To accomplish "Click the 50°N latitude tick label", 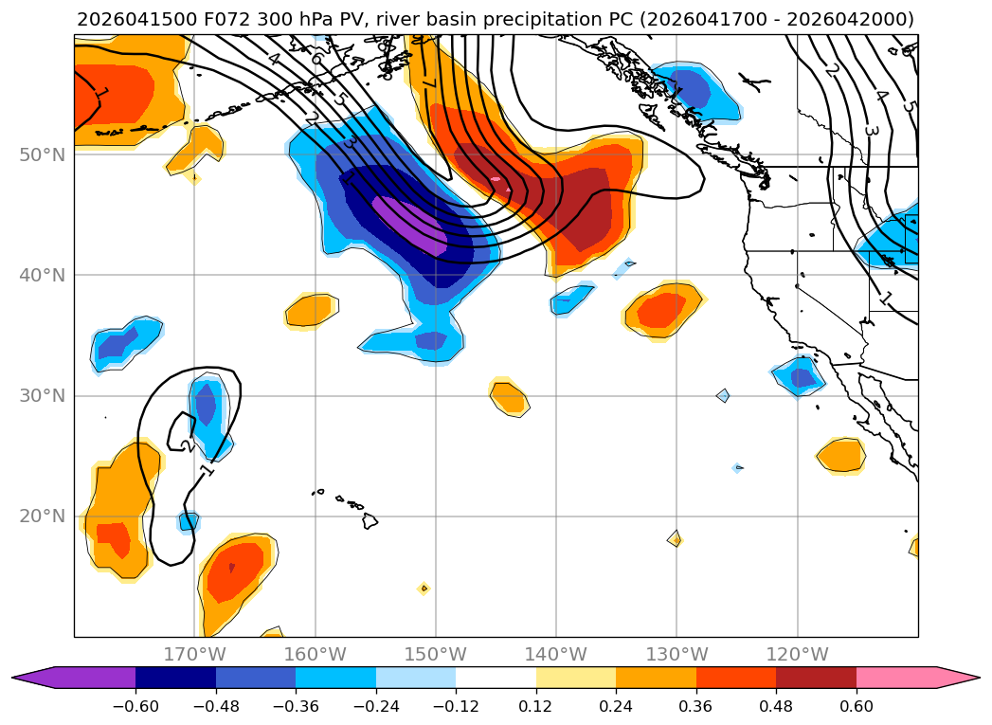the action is click(43, 155).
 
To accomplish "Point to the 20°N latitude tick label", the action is click(43, 517).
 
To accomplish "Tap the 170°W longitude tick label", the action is click(195, 654).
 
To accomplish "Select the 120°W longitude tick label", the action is click(797, 654).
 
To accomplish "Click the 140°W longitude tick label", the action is click(556, 654).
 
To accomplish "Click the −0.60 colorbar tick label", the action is click(135, 706).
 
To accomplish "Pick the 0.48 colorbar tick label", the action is click(776, 706).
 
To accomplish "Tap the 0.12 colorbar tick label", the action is click(536, 706).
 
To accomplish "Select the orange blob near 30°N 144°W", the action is click(510, 397).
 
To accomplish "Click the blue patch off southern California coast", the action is click(799, 376).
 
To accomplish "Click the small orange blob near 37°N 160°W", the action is click(310, 311).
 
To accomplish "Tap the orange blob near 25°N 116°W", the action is click(841, 456).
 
